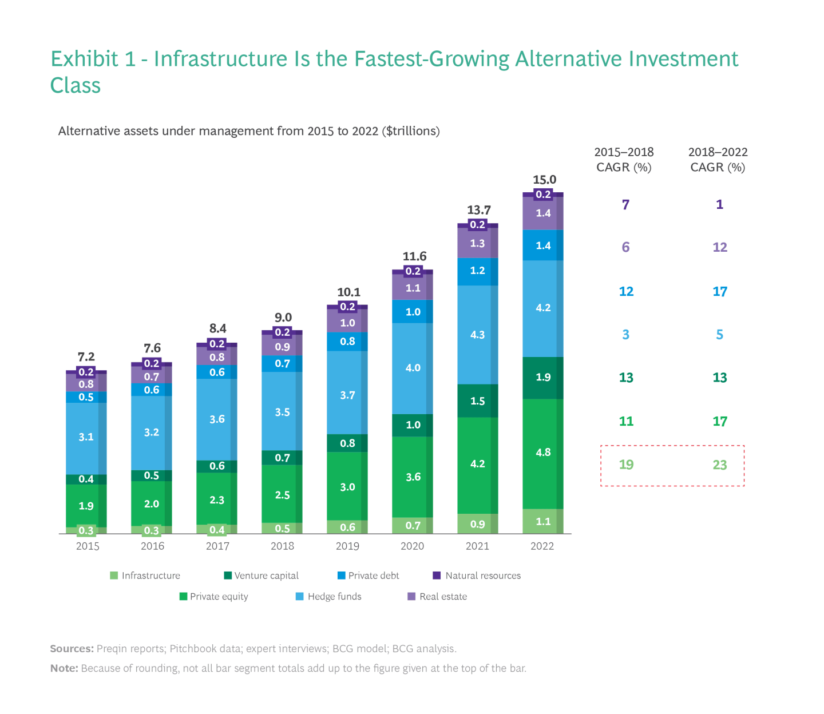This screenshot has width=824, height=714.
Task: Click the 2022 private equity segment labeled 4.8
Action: click(x=543, y=453)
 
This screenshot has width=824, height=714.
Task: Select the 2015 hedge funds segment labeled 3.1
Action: click(x=86, y=437)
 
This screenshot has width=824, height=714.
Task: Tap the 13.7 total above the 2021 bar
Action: click(x=478, y=210)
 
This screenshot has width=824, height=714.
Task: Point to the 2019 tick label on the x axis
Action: click(x=347, y=546)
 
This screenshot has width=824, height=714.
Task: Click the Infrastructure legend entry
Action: click(x=145, y=576)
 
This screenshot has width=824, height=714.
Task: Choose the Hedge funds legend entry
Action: click(x=328, y=597)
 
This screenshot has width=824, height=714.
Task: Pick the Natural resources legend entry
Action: click(x=477, y=576)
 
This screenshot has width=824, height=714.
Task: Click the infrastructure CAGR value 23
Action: click(x=719, y=465)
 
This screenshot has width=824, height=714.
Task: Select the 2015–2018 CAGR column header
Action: click(x=624, y=160)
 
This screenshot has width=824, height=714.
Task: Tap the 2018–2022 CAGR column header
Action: click(x=718, y=160)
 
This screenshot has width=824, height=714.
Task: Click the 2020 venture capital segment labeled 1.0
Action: click(x=413, y=425)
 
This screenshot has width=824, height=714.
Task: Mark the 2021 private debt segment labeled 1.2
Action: click(x=477, y=271)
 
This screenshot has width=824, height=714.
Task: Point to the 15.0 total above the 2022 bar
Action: click(x=544, y=180)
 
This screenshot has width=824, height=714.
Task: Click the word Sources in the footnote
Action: click(x=72, y=649)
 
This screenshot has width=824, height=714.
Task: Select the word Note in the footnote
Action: click(x=64, y=668)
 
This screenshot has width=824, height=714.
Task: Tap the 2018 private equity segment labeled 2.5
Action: click(x=282, y=495)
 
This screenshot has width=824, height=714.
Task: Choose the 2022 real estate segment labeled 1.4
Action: click(x=543, y=213)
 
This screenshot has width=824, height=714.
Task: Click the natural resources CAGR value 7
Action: click(x=625, y=205)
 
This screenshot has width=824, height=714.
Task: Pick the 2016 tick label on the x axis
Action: click(x=152, y=546)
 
